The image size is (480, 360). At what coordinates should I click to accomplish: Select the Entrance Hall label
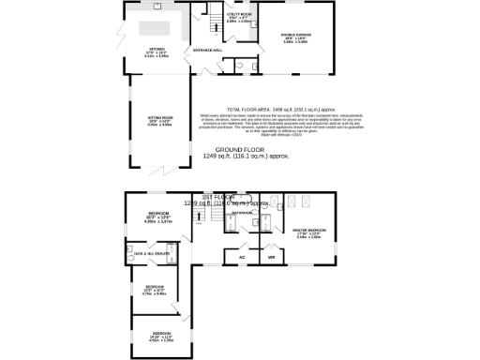point(206,49)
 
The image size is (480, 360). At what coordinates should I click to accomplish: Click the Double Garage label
point(294,37)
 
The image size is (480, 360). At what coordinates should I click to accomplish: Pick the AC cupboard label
point(241,256)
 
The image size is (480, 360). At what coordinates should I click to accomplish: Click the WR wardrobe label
point(271,256)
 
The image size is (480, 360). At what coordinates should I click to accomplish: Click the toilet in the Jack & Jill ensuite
point(131,251)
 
